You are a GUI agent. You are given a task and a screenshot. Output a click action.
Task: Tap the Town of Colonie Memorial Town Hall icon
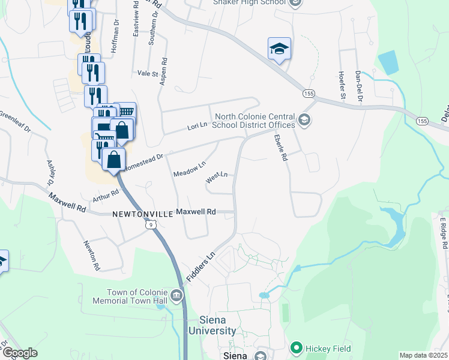pyautogui.click(x=176, y=295)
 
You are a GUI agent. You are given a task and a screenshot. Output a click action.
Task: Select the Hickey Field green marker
pyautogui.click(x=296, y=347)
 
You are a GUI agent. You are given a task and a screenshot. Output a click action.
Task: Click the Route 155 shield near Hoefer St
pyautogui.click(x=309, y=94)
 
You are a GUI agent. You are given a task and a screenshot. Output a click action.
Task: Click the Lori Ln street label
pyautogui.click(x=197, y=126)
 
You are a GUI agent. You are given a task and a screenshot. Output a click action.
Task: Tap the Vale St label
pyautogui.click(x=147, y=73)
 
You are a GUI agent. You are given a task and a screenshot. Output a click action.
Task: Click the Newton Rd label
pyautogui.click(x=91, y=256)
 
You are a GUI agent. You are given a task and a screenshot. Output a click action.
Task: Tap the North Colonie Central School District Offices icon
pyautogui.click(x=304, y=121)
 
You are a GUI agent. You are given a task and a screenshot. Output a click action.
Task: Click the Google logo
pyautogui.click(x=19, y=353)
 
